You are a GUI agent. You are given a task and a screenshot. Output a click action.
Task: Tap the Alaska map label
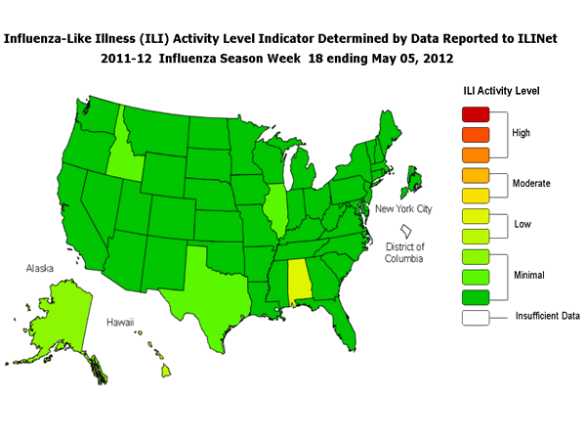click(39, 265)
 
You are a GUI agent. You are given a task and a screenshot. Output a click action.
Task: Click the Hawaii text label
click(121, 321)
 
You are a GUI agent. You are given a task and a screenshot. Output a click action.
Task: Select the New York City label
click(403, 209)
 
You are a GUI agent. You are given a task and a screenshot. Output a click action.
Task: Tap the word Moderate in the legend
click(532, 183)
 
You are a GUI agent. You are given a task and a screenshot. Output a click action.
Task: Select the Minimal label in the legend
click(530, 277)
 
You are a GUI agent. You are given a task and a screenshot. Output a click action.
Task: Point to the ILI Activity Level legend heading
click(500, 91)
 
